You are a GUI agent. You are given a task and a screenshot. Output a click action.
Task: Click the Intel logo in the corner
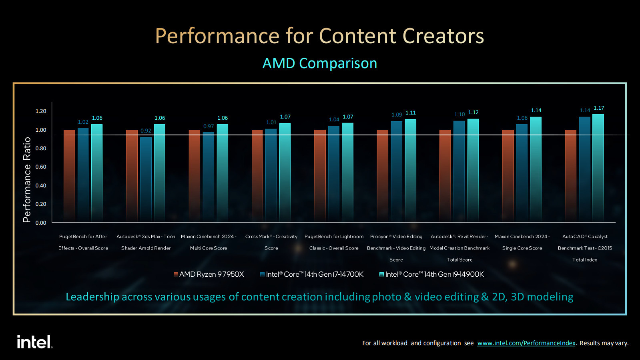[34, 342]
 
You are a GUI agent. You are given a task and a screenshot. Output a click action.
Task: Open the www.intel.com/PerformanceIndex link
[526, 343]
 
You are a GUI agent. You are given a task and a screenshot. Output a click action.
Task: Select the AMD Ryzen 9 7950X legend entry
[209, 274]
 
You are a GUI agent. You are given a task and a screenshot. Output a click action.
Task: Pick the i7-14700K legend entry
[312, 274]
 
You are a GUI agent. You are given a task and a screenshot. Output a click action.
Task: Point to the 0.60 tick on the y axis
[41, 167]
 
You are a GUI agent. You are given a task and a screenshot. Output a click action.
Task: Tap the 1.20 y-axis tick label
[41, 111]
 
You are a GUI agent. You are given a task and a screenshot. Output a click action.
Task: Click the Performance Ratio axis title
[27, 180]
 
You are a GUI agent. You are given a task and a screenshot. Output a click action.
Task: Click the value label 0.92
[146, 131]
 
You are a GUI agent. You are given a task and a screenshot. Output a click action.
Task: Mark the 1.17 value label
[599, 108]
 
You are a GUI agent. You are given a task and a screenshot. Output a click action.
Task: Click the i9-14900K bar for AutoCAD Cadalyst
[598, 168]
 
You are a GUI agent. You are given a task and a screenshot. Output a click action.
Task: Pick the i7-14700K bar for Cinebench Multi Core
[209, 176]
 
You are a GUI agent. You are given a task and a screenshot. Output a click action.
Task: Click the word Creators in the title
[443, 36]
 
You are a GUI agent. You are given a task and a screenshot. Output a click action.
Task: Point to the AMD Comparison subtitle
[319, 63]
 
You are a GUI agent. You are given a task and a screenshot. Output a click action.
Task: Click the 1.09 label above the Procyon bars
[397, 115]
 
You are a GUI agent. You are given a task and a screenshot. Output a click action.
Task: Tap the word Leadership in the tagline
[92, 297]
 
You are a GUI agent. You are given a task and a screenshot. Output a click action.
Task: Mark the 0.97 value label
[209, 127]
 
